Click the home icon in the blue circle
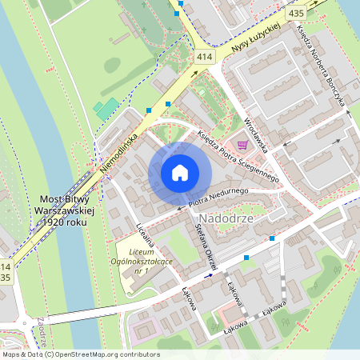pos(180,172)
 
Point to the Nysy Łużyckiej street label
pos(254,37)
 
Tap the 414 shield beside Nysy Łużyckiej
pos(205,57)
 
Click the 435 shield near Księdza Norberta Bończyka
pos(296,14)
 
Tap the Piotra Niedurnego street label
pos(221,192)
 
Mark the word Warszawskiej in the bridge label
pos(66,209)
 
